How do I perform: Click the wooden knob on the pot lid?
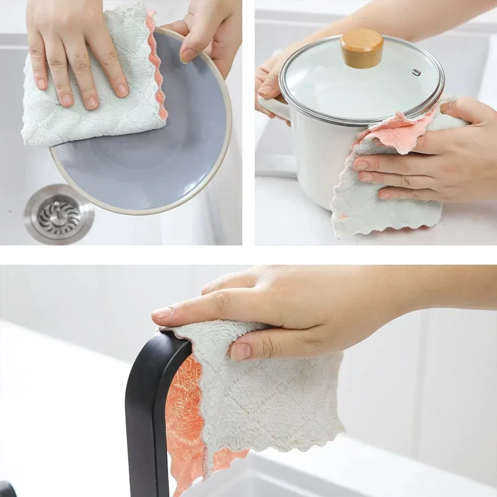[362, 48]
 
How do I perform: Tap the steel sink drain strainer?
[59, 214]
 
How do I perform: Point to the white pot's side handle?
[274, 108]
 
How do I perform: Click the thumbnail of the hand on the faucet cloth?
[240, 351]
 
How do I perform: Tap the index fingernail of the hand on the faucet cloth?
[163, 312]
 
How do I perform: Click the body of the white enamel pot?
[311, 162]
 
